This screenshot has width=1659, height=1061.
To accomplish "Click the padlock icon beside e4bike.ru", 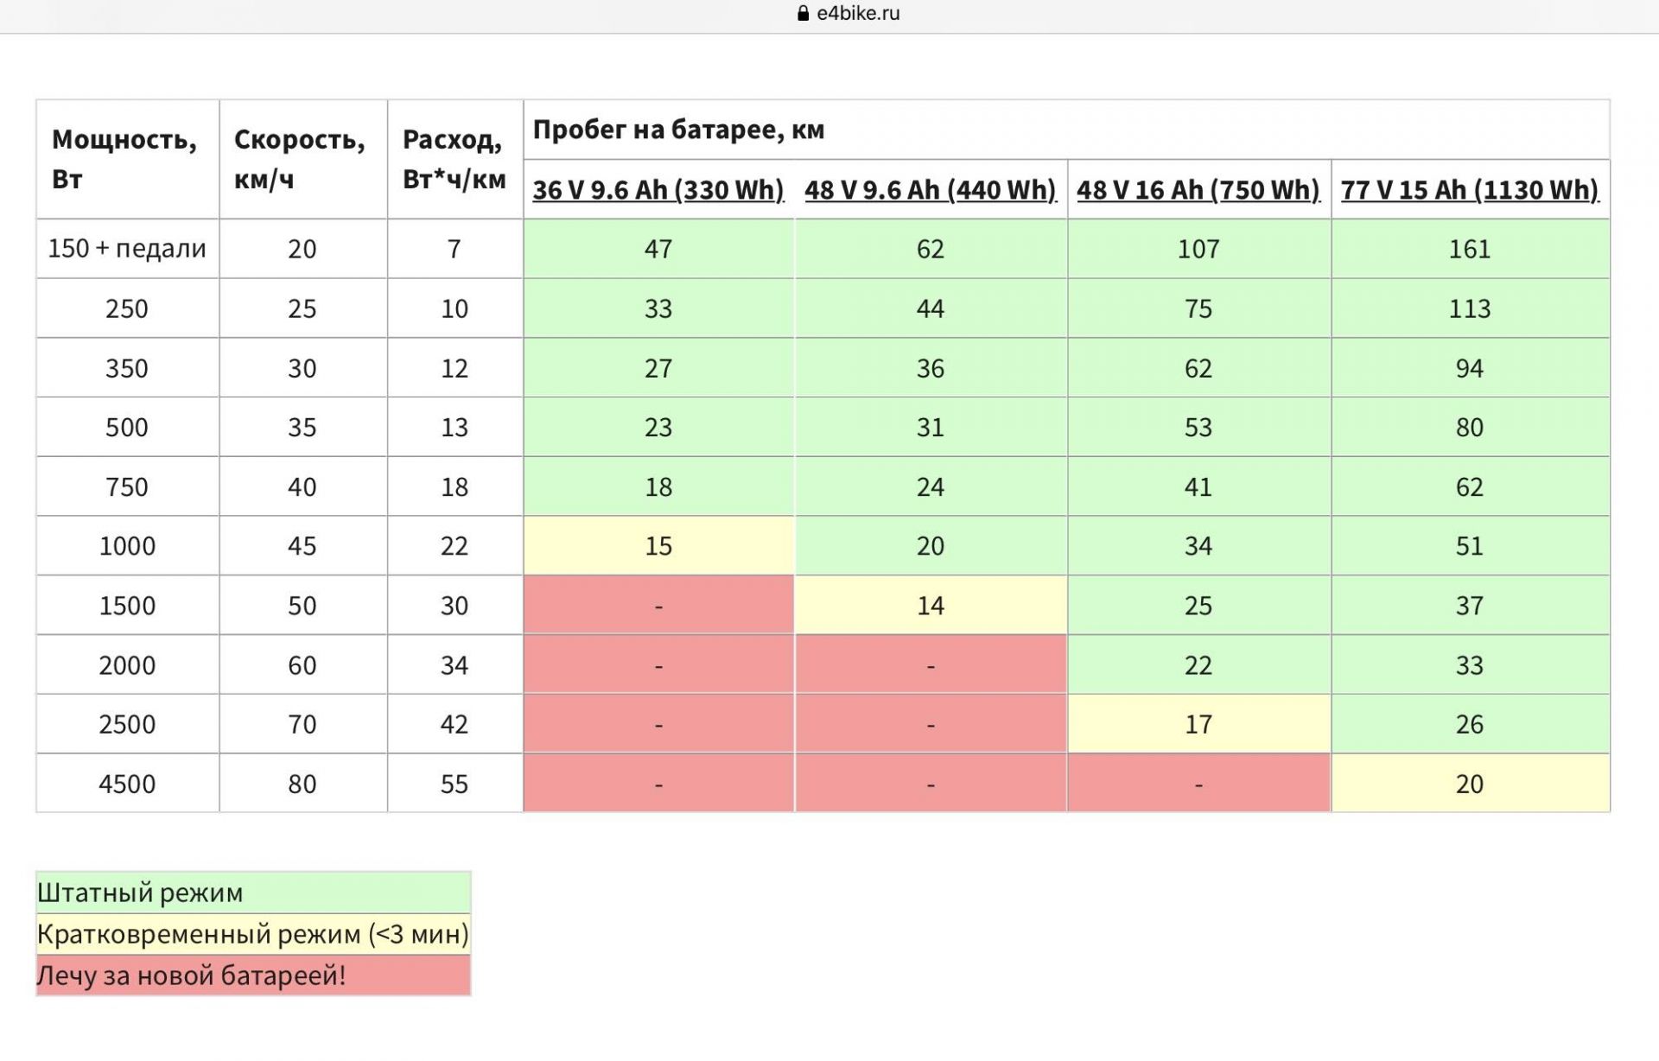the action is tap(803, 13).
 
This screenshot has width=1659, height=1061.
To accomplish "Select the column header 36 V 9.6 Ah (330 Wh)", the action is tap(658, 189).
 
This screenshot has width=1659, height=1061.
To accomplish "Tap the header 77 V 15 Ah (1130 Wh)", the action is tap(1470, 189).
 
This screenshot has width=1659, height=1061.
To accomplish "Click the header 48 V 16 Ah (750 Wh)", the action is tap(1198, 189).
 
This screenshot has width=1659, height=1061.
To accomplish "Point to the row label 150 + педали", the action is tap(127, 249).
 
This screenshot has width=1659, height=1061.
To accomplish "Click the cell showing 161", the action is tap(1470, 249).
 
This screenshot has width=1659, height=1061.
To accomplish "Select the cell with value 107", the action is tap(1198, 249).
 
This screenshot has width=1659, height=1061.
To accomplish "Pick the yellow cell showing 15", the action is tap(658, 546).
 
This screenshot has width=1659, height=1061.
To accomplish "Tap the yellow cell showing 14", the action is tap(931, 606).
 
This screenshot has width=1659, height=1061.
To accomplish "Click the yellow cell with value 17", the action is tap(1198, 724).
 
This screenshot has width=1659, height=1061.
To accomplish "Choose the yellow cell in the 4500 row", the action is tap(1470, 784).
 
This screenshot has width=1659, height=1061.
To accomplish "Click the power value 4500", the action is tap(127, 784).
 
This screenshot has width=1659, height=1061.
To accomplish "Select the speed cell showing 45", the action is tap(302, 546).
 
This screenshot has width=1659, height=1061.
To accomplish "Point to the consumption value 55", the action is tap(454, 784).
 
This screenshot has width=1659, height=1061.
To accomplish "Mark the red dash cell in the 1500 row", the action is tap(658, 606).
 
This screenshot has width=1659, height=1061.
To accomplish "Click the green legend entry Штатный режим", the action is tap(253, 893).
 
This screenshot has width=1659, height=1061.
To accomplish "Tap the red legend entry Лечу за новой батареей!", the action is tap(253, 975).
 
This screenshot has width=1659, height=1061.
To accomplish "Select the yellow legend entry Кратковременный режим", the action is tap(253, 934).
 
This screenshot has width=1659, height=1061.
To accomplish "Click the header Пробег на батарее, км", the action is tap(678, 130).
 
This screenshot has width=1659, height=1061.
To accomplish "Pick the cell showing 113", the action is tap(1470, 308).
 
